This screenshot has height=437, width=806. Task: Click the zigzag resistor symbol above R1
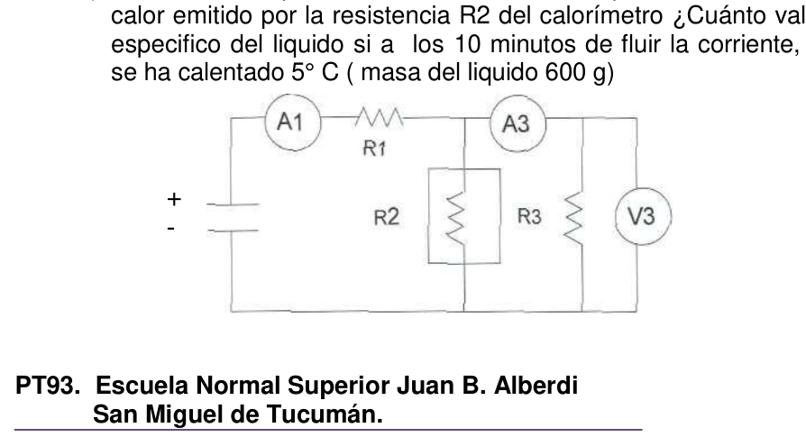pyautogui.click(x=380, y=117)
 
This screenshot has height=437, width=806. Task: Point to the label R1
pyautogui.click(x=374, y=149)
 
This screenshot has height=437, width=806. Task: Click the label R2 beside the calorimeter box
pyautogui.click(x=387, y=217)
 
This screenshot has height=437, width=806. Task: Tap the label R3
pyautogui.click(x=529, y=217)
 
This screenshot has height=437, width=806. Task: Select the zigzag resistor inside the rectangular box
pyautogui.click(x=455, y=218)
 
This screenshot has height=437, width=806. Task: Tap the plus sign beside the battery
pyautogui.click(x=174, y=199)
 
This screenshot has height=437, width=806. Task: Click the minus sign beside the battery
pyautogui.click(x=171, y=227)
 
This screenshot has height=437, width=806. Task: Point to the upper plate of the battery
pyautogui.click(x=233, y=205)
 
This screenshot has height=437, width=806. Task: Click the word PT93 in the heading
pyautogui.click(x=45, y=385)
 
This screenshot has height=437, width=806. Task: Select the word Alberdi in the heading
pyautogui.click(x=536, y=385)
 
